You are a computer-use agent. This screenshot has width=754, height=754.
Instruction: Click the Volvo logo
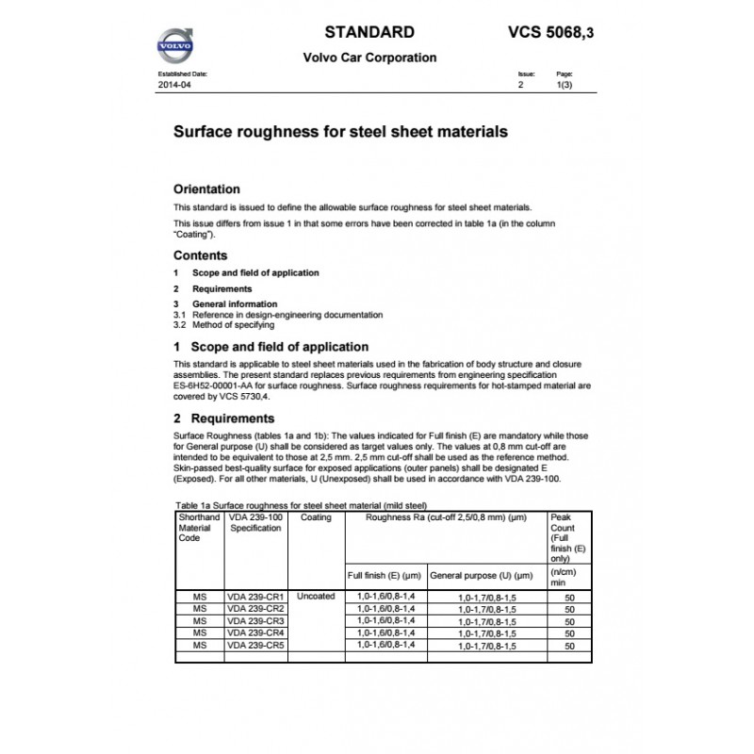(x=176, y=45)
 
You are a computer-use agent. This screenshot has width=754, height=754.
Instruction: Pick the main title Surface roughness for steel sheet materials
(x=340, y=132)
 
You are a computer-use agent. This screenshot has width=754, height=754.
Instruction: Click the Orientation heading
(x=206, y=188)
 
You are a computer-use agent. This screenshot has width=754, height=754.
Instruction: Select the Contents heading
(x=200, y=255)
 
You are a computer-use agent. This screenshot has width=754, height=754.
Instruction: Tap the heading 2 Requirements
(x=224, y=418)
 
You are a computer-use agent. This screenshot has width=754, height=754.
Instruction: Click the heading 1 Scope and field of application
(x=270, y=347)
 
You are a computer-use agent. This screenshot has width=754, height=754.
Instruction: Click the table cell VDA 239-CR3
(x=256, y=621)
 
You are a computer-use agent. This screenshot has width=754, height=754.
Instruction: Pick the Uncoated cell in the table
(x=316, y=597)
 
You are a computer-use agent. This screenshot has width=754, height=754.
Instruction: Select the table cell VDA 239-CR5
(x=256, y=646)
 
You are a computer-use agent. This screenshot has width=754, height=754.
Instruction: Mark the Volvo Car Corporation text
(x=369, y=57)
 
